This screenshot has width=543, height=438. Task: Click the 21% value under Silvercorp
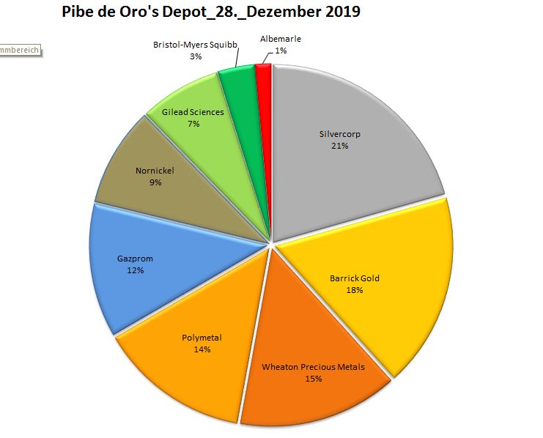pyautogui.click(x=339, y=146)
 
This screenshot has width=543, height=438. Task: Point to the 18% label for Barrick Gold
pyautogui.click(x=355, y=290)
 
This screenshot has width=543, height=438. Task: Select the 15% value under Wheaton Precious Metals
pyautogui.click(x=313, y=379)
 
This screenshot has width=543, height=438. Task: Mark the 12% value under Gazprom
pyautogui.click(x=136, y=270)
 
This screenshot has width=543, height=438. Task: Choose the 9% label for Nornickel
pyautogui.click(x=155, y=183)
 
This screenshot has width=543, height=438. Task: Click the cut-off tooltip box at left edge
pyautogui.click(x=19, y=50)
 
